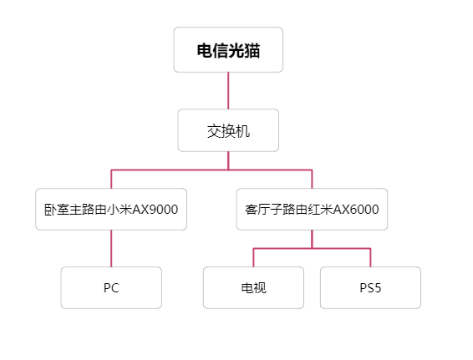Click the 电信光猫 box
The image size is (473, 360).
pyautogui.click(x=228, y=50)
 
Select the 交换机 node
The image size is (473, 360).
pyautogui.click(x=228, y=130)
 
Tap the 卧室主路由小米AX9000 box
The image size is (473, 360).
pyautogui.click(x=111, y=210)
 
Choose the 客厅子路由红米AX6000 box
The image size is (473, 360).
pyautogui.click(x=312, y=210)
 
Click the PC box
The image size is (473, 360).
pyautogui.click(x=111, y=287)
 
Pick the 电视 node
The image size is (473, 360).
pyautogui.click(x=253, y=287)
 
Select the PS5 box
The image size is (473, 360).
pyautogui.click(x=370, y=287)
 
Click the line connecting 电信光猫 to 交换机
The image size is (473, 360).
pyautogui.click(x=228, y=91)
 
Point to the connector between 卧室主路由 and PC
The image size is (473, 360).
pyautogui.click(x=111, y=248)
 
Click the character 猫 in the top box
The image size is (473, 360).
pyautogui.click(x=252, y=50)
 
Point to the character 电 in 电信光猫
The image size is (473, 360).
pyautogui.click(x=205, y=50)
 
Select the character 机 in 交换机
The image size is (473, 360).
pyautogui.click(x=243, y=131)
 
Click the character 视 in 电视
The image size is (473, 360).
pyautogui.click(x=260, y=288)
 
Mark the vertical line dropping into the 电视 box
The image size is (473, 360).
pyautogui.click(x=253, y=258)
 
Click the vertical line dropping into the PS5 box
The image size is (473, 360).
pyautogui.click(x=370, y=258)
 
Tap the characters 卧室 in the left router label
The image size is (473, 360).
pyautogui.click(x=57, y=210)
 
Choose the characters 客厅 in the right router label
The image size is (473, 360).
pyautogui.click(x=257, y=210)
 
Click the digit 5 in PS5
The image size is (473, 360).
pyautogui.click(x=378, y=288)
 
